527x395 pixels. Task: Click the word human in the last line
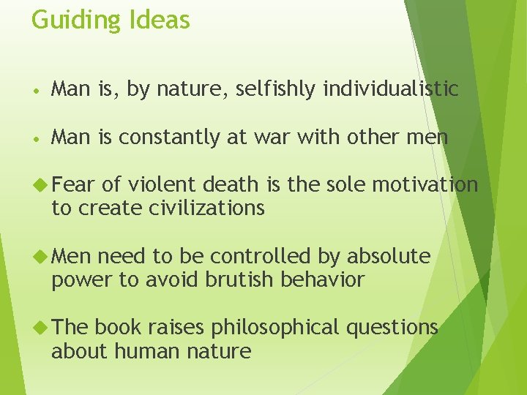click(x=151, y=351)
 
